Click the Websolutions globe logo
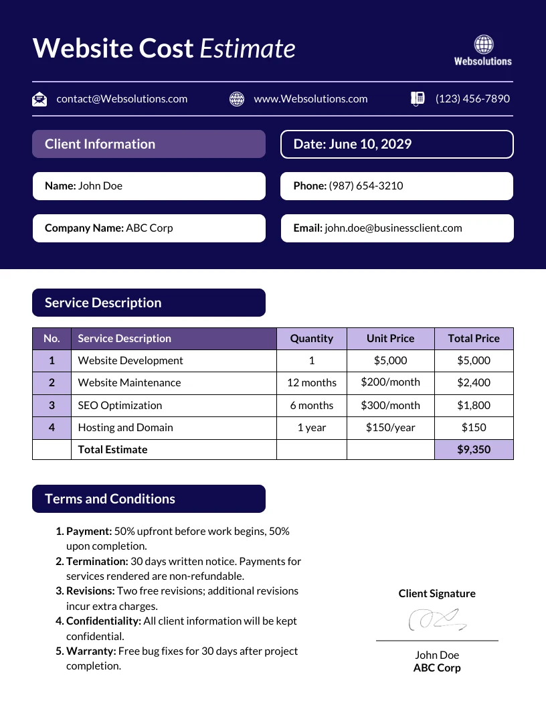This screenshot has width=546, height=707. [x=483, y=45]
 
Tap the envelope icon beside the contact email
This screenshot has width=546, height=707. [x=39, y=99]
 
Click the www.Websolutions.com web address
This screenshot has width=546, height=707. [x=310, y=99]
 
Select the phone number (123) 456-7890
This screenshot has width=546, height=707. [x=472, y=99]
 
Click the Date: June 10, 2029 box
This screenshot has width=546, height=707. [x=396, y=144]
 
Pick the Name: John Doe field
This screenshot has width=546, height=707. [x=149, y=186]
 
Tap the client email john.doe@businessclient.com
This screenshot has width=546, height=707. [x=393, y=228]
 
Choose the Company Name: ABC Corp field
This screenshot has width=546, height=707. [x=149, y=228]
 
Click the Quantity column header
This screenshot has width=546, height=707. [x=311, y=339]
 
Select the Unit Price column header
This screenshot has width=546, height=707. [x=390, y=339]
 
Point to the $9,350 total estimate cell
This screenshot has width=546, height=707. [x=474, y=450]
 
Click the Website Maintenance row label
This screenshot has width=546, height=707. [x=129, y=383]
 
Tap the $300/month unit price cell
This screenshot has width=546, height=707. [x=390, y=405]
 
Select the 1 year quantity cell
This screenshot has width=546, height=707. [x=311, y=428]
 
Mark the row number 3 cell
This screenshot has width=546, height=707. [x=52, y=405]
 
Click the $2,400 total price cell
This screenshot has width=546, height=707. [x=474, y=383]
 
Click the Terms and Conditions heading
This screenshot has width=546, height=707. [x=110, y=499]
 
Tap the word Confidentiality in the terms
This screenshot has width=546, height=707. [x=104, y=621]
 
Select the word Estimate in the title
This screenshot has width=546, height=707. [x=248, y=49]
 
